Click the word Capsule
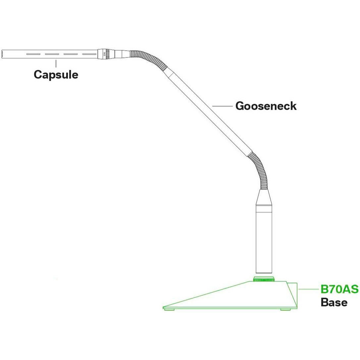(56, 75)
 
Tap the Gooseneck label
(266, 106)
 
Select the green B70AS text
(339, 289)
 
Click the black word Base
(334, 302)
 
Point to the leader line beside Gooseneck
(222, 106)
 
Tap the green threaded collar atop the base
(264, 279)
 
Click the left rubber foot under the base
(169, 309)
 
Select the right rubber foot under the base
(285, 309)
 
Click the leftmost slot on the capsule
(33, 54)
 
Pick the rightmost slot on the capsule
(89, 54)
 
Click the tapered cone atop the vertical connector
(264, 197)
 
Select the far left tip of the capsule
(2, 54)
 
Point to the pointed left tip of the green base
(163, 307)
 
